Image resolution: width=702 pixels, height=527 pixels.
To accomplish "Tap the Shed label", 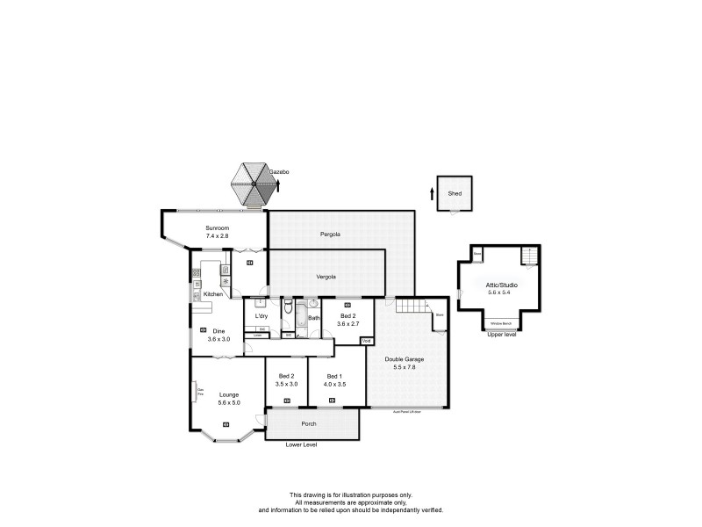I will coord(455,193).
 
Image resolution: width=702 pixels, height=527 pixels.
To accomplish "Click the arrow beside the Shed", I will coord(433,192).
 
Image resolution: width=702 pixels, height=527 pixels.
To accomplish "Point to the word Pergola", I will coord(330,235).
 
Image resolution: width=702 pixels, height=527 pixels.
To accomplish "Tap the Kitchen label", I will coord(213,294).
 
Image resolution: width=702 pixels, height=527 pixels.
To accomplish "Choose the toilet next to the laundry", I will coord(288,307).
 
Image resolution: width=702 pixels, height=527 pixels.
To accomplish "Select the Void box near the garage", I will coord(367,340).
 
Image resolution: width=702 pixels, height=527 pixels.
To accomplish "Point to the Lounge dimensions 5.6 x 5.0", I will coord(229,402).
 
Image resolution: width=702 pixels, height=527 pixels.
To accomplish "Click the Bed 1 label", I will coord(335,376).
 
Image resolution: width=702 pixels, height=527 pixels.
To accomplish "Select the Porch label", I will coord(308,423).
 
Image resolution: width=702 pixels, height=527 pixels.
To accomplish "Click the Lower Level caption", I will coord(301,445).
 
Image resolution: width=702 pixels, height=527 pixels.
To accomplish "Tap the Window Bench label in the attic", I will coord(503,324).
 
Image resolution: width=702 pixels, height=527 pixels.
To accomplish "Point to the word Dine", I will coord(218,330).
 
